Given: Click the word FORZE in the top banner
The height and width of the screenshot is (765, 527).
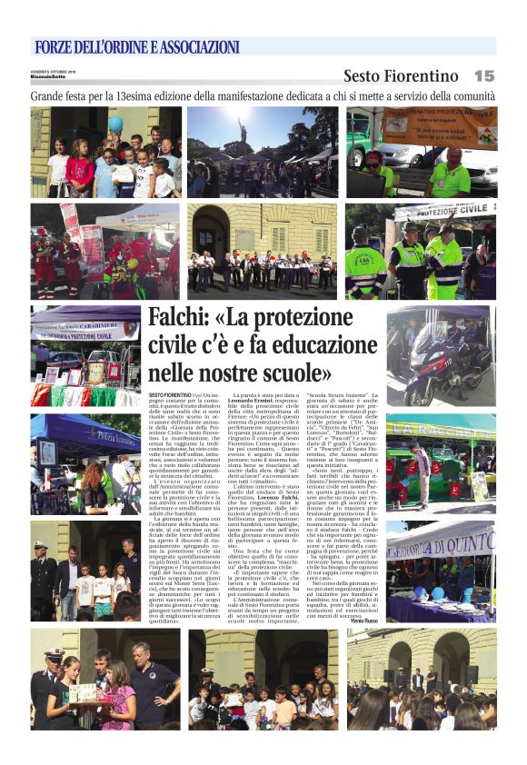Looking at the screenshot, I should pos(57,47).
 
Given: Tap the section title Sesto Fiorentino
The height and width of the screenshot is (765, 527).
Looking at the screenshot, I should pos(401,76).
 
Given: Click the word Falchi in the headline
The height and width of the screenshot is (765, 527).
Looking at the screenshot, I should pos(180,320).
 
